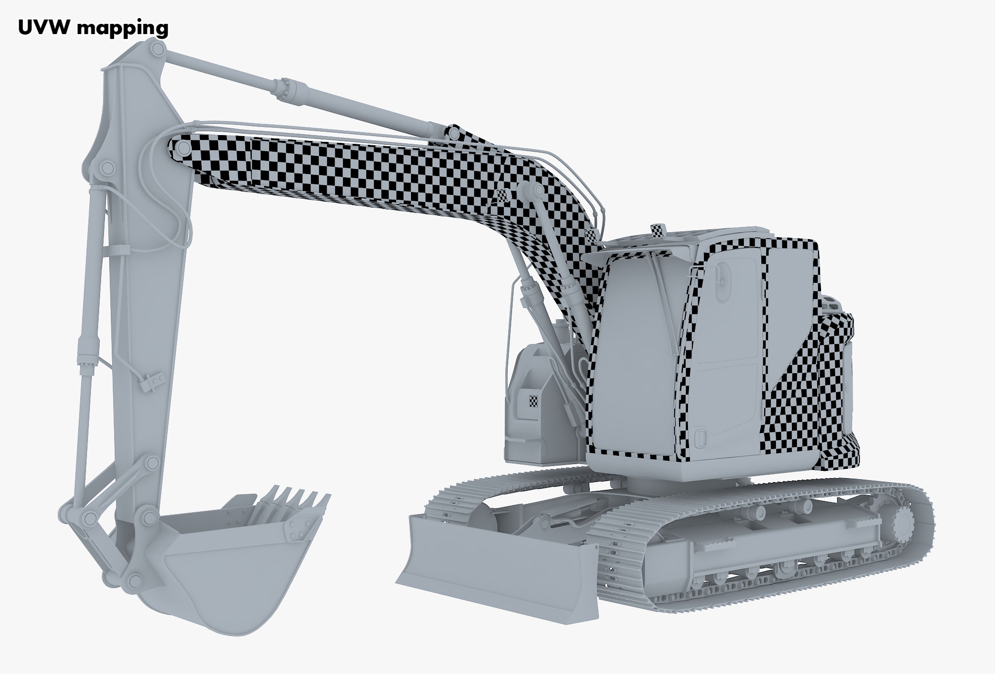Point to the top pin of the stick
click(157, 49)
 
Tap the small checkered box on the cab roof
click(658, 230)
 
